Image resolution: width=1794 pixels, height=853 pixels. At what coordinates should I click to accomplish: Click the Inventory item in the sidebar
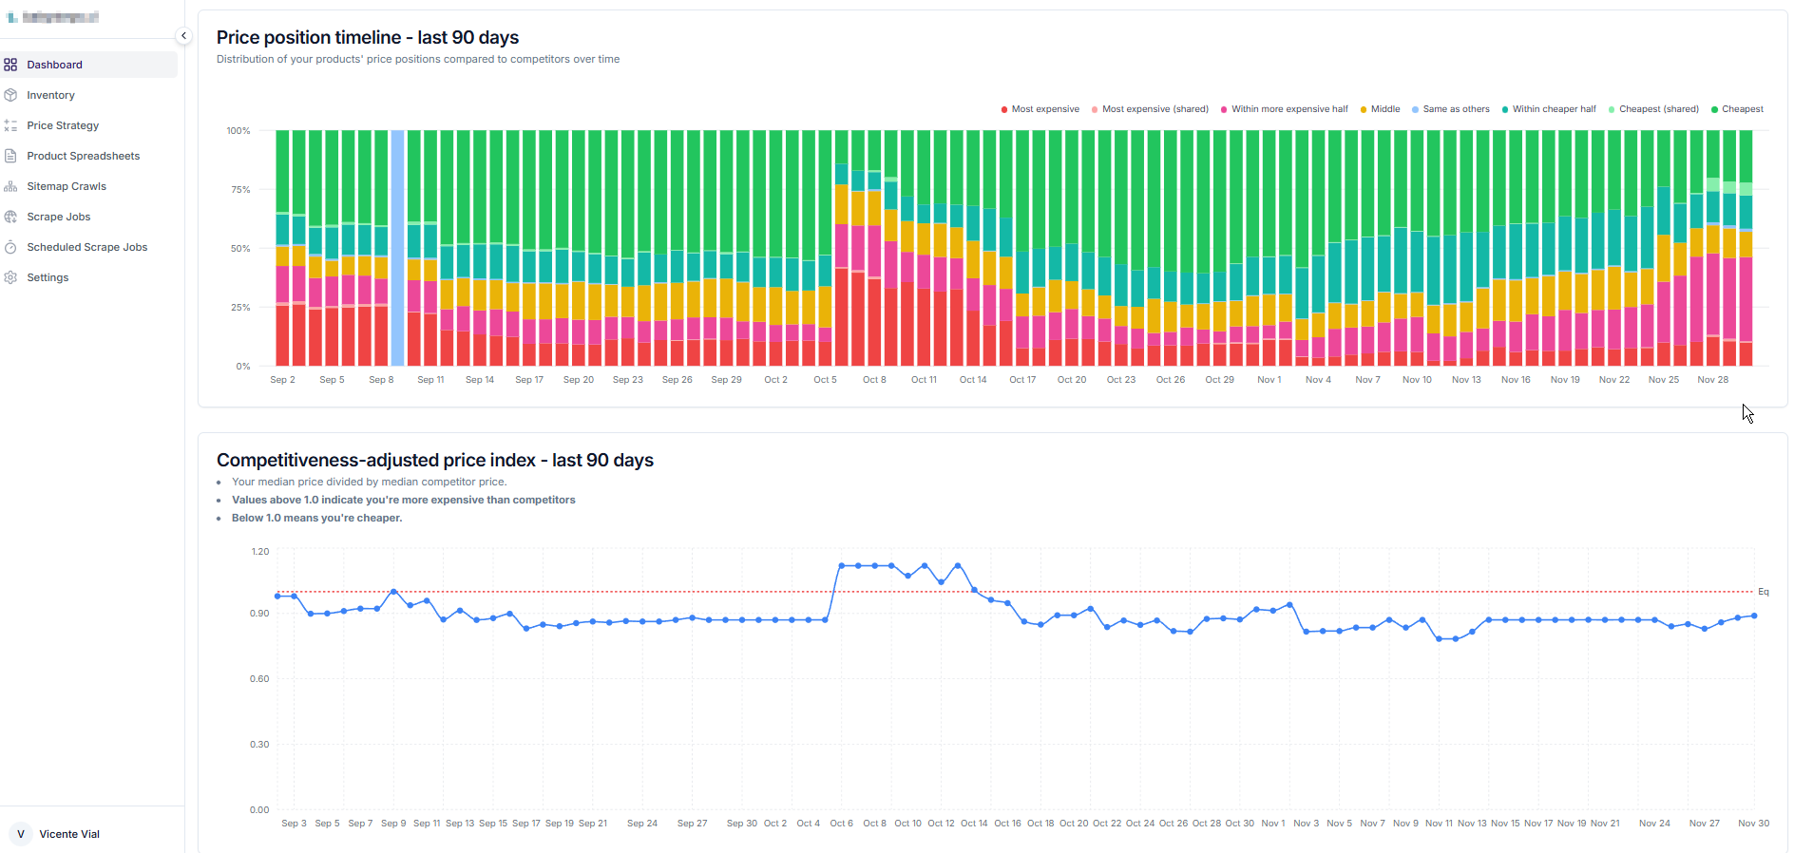pos(50,95)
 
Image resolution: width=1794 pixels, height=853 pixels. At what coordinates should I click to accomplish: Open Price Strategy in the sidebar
pos(63,125)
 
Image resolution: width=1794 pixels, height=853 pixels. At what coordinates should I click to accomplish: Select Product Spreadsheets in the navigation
pos(83,156)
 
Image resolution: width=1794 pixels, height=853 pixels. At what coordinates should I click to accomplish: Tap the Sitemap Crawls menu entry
pos(67,186)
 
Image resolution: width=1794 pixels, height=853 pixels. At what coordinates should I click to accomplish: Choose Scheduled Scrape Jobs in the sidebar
pos(86,247)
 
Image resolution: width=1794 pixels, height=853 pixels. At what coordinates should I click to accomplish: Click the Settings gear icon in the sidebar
pos(11,277)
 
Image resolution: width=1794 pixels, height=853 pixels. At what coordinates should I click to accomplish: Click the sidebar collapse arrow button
pos(183,36)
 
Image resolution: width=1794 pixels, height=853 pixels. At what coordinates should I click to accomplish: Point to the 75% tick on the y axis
pos(240,190)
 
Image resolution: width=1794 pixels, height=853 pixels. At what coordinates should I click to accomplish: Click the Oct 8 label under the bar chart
pos(874,380)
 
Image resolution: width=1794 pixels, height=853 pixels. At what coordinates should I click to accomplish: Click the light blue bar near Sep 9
pos(398,247)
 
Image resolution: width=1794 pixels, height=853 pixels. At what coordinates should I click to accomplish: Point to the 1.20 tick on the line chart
pos(259,552)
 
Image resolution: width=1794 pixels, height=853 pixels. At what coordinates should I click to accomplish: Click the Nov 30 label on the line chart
pos(1753,824)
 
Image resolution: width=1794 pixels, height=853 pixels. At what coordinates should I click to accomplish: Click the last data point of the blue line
pos(1754,616)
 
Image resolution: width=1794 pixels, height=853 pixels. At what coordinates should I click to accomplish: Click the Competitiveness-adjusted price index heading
pos(434,461)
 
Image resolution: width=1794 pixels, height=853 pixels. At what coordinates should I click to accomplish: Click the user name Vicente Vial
pos(69,834)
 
